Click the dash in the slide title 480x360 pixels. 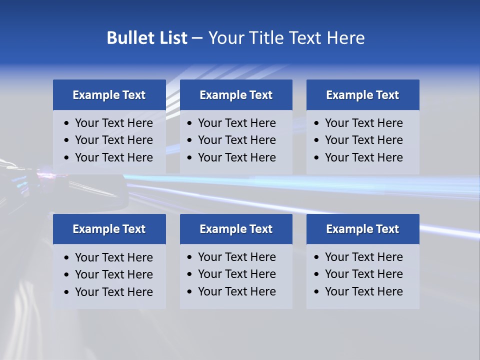[x=197, y=38]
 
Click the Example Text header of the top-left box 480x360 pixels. [x=109, y=95]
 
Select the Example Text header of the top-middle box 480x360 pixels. [x=236, y=95]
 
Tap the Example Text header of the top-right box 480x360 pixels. [x=362, y=95]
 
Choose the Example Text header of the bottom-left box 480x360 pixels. [x=109, y=229]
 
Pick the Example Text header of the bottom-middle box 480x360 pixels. [x=236, y=229]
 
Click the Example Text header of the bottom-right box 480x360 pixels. [x=362, y=229]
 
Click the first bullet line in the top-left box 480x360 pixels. [x=113, y=123]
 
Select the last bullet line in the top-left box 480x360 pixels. [x=113, y=157]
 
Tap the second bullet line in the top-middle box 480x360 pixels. [x=236, y=140]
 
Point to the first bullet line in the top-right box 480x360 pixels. [x=363, y=123]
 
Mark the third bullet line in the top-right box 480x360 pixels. [x=363, y=157]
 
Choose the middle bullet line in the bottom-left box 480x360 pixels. [x=113, y=274]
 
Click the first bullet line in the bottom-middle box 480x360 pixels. [x=236, y=257]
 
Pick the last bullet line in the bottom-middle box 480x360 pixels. [x=236, y=291]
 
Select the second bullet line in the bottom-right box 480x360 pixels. [x=363, y=274]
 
